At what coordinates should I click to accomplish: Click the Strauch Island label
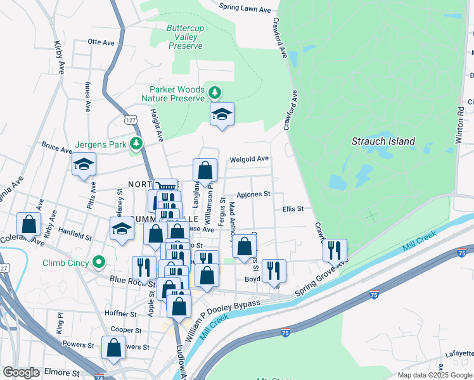pos(383,142)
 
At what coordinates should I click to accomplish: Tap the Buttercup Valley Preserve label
pos(185,37)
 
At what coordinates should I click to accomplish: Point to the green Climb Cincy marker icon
pos(98,262)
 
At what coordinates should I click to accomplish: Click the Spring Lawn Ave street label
pos(245,9)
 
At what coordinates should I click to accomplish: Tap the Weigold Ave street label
pos(249,159)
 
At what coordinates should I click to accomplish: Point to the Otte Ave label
pos(101,42)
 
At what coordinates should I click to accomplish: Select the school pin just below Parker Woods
pos(221,115)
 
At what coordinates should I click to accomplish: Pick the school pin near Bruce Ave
pos(84,165)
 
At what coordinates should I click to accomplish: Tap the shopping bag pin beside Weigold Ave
pos(205,170)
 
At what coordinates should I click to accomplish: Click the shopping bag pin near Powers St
pos(113,348)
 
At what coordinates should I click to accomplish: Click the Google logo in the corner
pos(21,372)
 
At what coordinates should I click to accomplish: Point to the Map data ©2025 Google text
pos(434,375)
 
